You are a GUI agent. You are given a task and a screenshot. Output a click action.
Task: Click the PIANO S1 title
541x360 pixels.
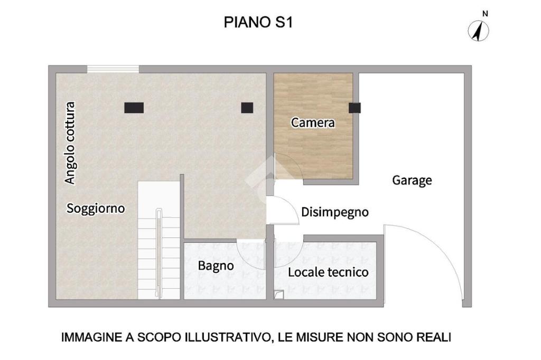click(x=258, y=22)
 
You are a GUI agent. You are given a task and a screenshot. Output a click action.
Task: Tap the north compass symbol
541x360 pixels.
click(x=478, y=31)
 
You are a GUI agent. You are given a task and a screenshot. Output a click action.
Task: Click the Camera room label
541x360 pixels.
click(x=313, y=122)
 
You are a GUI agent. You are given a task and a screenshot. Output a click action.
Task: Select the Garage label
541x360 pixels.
click(x=412, y=180)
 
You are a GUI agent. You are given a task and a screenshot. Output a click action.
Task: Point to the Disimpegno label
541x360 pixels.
click(x=334, y=212)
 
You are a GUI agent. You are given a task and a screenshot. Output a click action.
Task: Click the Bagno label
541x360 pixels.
click(x=216, y=266)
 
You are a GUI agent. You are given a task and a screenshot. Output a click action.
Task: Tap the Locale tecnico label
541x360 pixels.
click(x=328, y=272)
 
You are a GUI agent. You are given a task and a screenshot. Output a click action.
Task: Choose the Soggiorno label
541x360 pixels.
click(x=96, y=209)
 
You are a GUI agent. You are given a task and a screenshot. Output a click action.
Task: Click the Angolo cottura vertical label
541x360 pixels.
click(x=70, y=143)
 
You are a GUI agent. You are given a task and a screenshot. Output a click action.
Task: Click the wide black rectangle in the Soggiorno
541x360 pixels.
click(x=134, y=108)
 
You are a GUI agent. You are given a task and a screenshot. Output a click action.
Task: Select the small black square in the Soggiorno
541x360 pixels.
click(x=247, y=108)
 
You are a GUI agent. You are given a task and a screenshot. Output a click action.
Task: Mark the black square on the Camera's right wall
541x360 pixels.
click(x=355, y=108)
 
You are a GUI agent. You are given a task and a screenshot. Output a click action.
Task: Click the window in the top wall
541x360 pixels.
click(x=113, y=69)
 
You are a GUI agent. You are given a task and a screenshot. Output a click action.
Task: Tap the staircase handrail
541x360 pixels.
click(x=158, y=253)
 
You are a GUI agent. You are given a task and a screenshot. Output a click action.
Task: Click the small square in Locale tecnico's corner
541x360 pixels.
click(x=279, y=295)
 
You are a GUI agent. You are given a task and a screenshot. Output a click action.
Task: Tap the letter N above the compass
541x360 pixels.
click(x=485, y=14)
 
